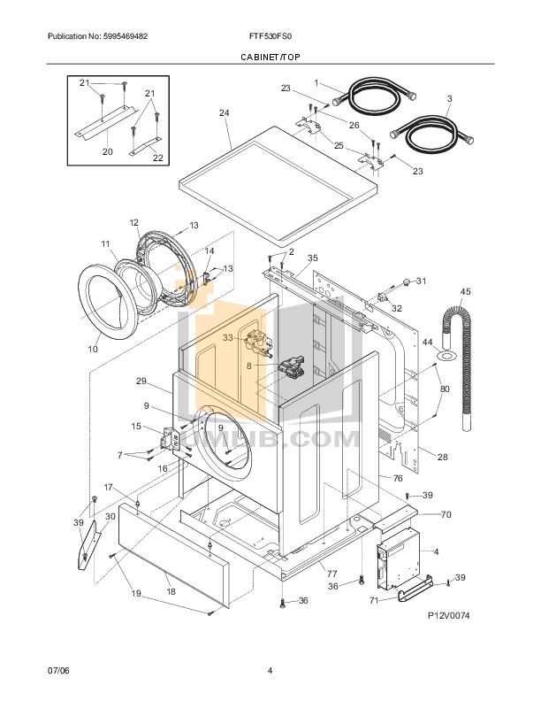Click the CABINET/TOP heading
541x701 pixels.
[x=270, y=57]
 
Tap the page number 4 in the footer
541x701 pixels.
[x=270, y=669]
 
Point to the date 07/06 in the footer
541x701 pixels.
[x=58, y=669]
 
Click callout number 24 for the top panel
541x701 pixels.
[x=224, y=112]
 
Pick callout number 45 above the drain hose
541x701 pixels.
[x=466, y=290]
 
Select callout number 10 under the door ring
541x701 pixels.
[x=92, y=349]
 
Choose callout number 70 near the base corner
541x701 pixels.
[x=446, y=513]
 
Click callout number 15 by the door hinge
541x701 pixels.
[x=136, y=426]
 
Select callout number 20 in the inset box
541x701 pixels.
[x=107, y=151]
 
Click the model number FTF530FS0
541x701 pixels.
[x=270, y=36]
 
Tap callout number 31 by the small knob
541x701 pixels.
[x=421, y=281]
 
